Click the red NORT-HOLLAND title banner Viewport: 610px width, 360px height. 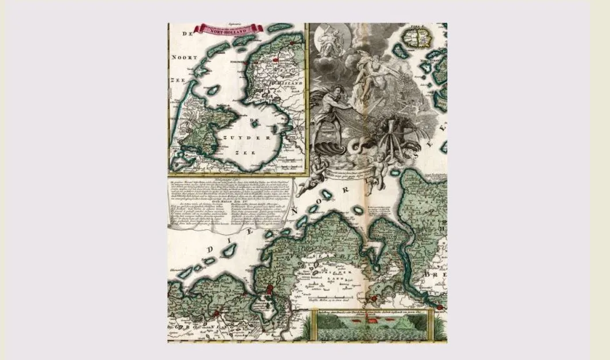coord(229,29)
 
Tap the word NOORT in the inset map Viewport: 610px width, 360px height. coord(184,57)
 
